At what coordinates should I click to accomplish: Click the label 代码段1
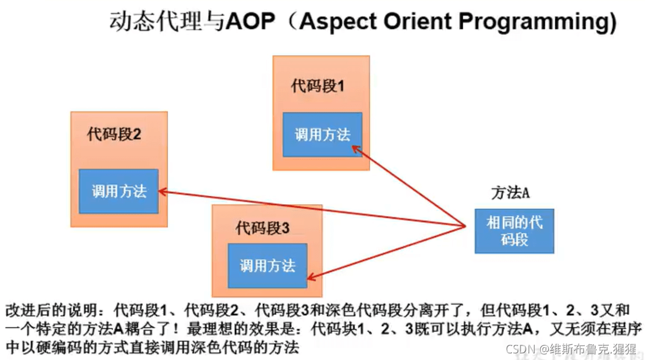pos(318,85)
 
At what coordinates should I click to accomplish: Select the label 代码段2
pos(114,134)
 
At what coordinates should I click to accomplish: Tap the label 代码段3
pos(262,228)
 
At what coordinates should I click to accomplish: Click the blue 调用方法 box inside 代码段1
pos(322,135)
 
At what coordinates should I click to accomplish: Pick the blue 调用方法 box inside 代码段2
pos(119,191)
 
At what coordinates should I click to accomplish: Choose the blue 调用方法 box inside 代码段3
pos(267,265)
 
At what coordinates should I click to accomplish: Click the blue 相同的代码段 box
pos(514,231)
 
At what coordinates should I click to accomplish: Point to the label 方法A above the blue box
pos(510,193)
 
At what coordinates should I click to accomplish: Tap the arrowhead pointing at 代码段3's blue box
pos(310,278)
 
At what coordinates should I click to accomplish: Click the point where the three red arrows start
pos(466,226)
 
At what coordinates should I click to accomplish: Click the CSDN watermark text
pos(571,349)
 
